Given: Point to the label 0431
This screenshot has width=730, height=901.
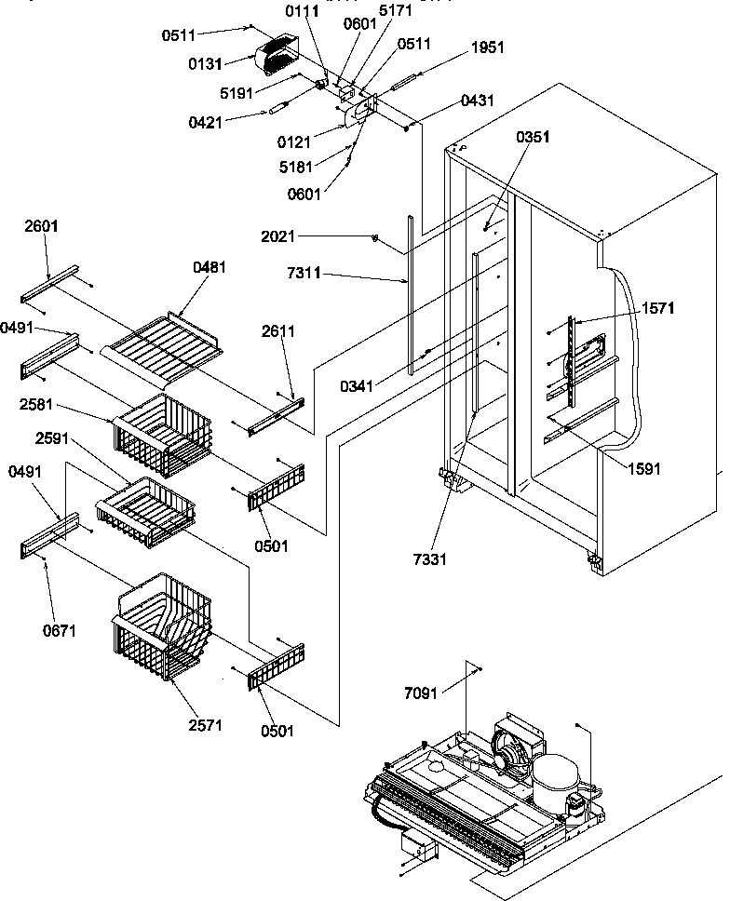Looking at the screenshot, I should pyautogui.click(x=477, y=101).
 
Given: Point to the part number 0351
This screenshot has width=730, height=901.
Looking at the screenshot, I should pyautogui.click(x=533, y=137).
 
